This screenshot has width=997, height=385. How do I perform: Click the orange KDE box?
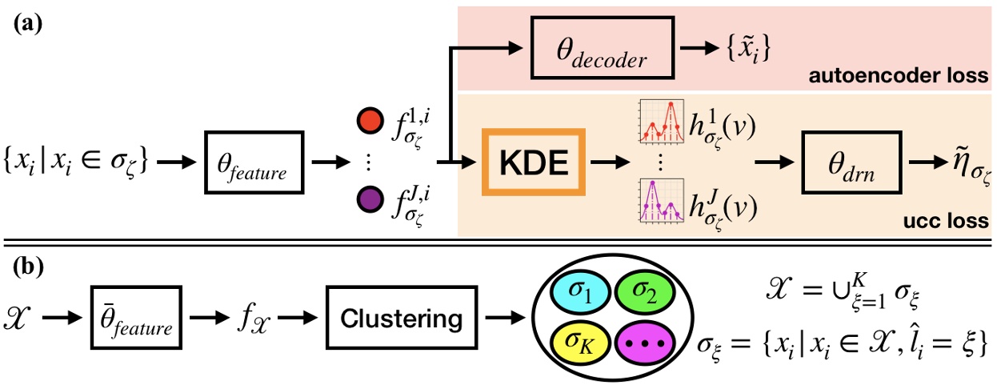tap(534, 166)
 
